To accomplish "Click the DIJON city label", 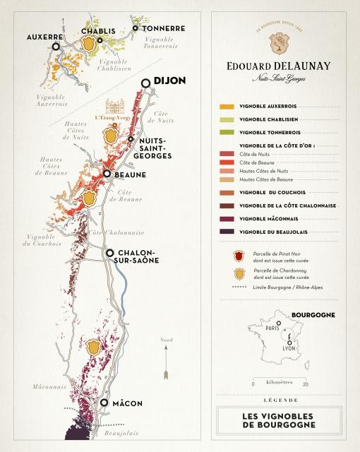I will [169, 81].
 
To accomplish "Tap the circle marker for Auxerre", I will [56, 46].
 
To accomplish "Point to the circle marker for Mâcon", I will [104, 403].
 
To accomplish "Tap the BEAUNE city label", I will [129, 174].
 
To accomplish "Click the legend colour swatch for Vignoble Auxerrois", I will [227, 107].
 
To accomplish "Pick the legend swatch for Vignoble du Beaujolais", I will [227, 231].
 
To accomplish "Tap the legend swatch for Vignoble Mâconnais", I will [227, 218].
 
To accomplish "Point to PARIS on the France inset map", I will [270, 327].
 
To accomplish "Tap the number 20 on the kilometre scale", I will [306, 384].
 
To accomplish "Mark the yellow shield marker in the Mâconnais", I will [92, 346].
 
